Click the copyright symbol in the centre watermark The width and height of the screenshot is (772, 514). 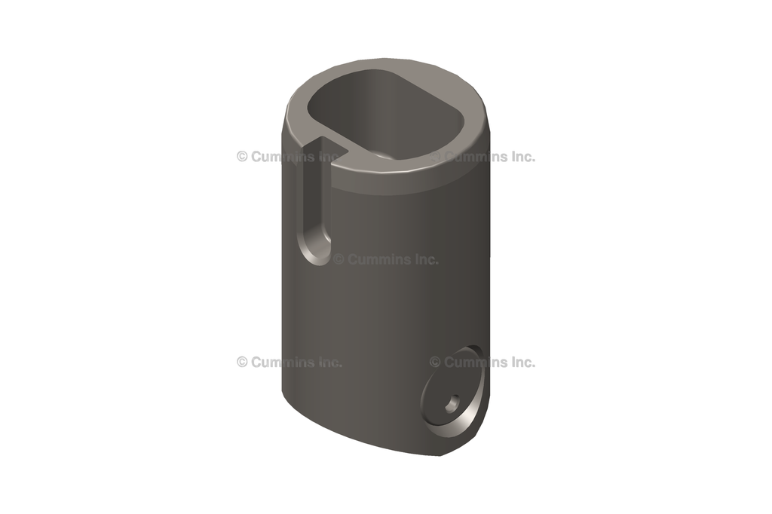[x=339, y=259]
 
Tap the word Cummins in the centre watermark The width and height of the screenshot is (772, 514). [x=376, y=259]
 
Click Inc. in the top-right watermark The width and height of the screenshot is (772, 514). [x=520, y=157]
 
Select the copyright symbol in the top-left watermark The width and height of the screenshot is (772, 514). [x=242, y=157]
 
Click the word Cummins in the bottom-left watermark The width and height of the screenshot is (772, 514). [x=280, y=362]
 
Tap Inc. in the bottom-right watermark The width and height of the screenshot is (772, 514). [x=520, y=362]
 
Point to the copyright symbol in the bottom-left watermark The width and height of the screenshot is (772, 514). [x=242, y=362]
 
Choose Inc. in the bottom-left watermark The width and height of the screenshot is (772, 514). [x=327, y=362]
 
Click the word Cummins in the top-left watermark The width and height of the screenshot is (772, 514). [x=280, y=157]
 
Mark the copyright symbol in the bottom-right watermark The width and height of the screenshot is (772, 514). [x=435, y=362]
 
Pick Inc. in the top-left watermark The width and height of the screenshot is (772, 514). [x=327, y=157]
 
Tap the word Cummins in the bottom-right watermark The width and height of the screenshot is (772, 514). [x=473, y=362]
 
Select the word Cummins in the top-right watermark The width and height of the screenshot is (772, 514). [x=473, y=157]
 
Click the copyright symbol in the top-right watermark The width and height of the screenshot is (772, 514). [x=435, y=157]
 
